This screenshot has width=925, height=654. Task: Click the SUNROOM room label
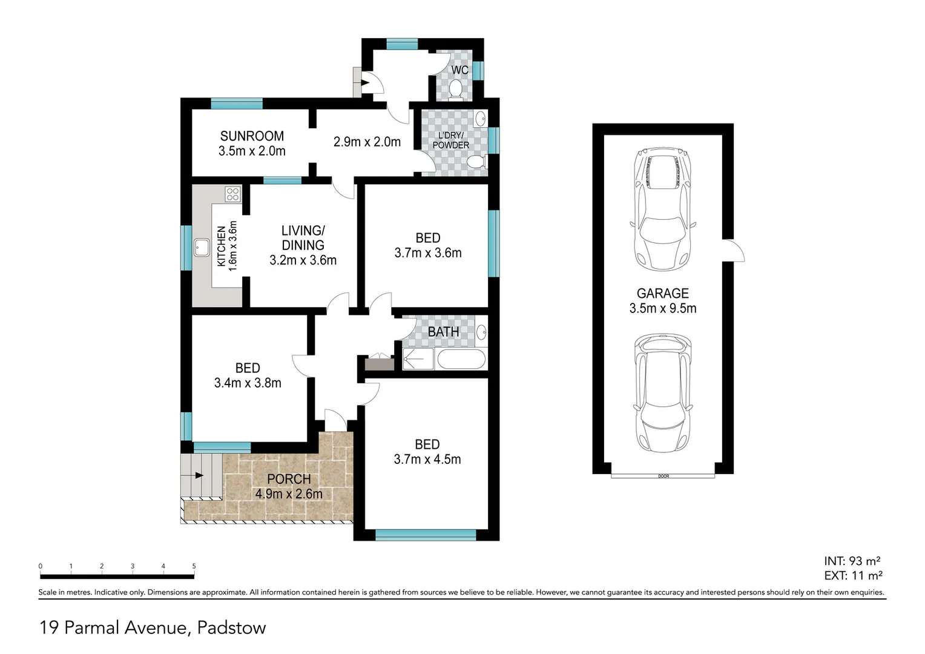point(252,136)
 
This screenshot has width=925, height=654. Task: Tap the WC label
point(459,70)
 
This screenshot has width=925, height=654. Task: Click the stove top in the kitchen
point(232,194)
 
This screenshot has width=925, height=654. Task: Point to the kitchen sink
point(201,247)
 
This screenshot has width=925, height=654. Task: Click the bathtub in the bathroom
point(461,359)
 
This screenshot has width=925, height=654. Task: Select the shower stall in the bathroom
point(418,359)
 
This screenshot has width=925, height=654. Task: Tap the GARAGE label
point(662,294)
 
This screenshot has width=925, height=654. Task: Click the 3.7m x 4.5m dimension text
point(427,460)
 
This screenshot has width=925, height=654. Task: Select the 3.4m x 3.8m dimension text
point(248,383)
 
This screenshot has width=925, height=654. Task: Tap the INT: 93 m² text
point(852,561)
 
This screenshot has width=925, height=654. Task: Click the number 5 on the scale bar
point(194,566)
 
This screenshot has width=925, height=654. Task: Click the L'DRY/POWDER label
point(450,140)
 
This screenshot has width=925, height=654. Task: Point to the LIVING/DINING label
point(303,238)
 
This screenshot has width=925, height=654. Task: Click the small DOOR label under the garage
point(663,477)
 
